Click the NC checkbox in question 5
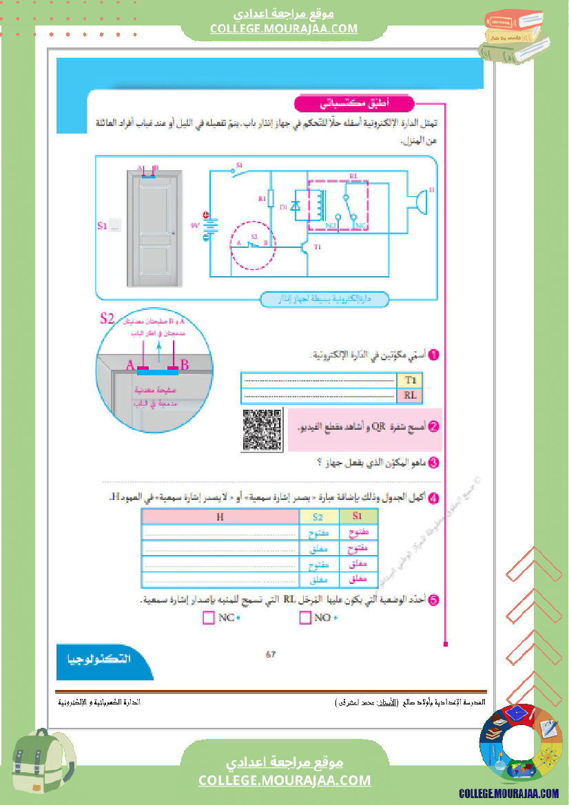(x=209, y=618)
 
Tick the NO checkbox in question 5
(x=305, y=618)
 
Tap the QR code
(x=262, y=430)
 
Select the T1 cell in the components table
(x=411, y=380)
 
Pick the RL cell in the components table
(x=411, y=395)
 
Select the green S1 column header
(x=358, y=516)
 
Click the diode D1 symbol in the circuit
(x=296, y=205)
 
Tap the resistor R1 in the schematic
(x=271, y=198)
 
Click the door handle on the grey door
(x=173, y=233)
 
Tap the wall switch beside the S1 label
(x=115, y=224)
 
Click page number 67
(x=271, y=655)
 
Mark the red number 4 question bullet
(x=433, y=496)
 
